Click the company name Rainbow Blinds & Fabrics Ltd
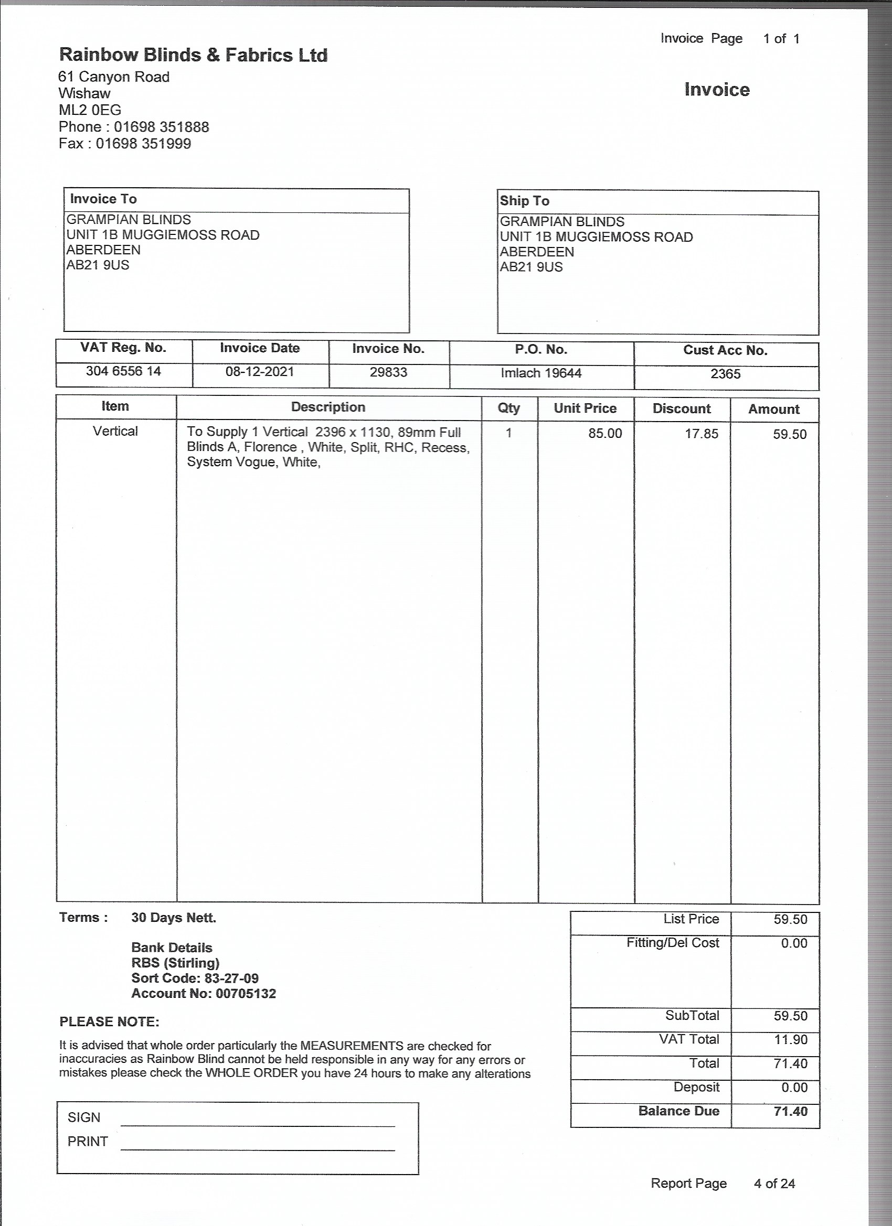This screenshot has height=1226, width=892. pos(193,55)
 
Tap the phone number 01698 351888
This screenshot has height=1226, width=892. pos(161,127)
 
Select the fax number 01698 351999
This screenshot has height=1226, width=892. pos(143,144)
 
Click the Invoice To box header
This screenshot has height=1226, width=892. pos(103,199)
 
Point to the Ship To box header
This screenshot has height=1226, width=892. pos(524,201)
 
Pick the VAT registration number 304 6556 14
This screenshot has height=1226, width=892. pos(123,371)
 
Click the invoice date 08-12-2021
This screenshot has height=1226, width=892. pos(260,372)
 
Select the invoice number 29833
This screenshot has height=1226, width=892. pos(388,372)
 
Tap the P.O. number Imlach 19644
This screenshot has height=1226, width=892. pos(541,373)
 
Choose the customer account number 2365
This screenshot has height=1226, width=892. pos(725,374)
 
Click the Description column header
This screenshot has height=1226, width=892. pos(328,407)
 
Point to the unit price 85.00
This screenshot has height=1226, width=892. pos(605,434)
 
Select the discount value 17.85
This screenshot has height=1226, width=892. pos(701,434)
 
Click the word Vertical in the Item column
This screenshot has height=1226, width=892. pos(115,432)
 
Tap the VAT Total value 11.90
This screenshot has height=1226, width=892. pos(790,1039)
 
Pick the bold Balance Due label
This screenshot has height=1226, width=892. pos(678,1111)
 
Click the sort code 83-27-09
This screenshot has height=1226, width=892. pos(231,978)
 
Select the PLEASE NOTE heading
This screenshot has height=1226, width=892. pos(109,1021)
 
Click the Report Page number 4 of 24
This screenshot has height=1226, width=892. pos(774,1184)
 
